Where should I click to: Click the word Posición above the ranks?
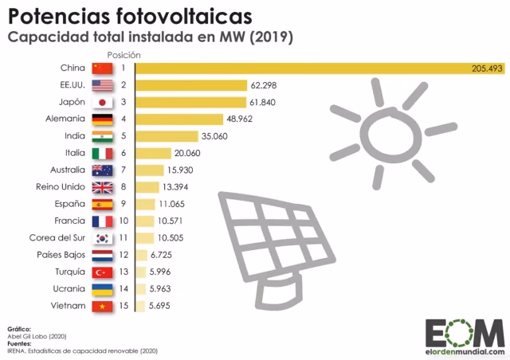[125, 54]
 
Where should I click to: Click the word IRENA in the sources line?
[17, 350]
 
